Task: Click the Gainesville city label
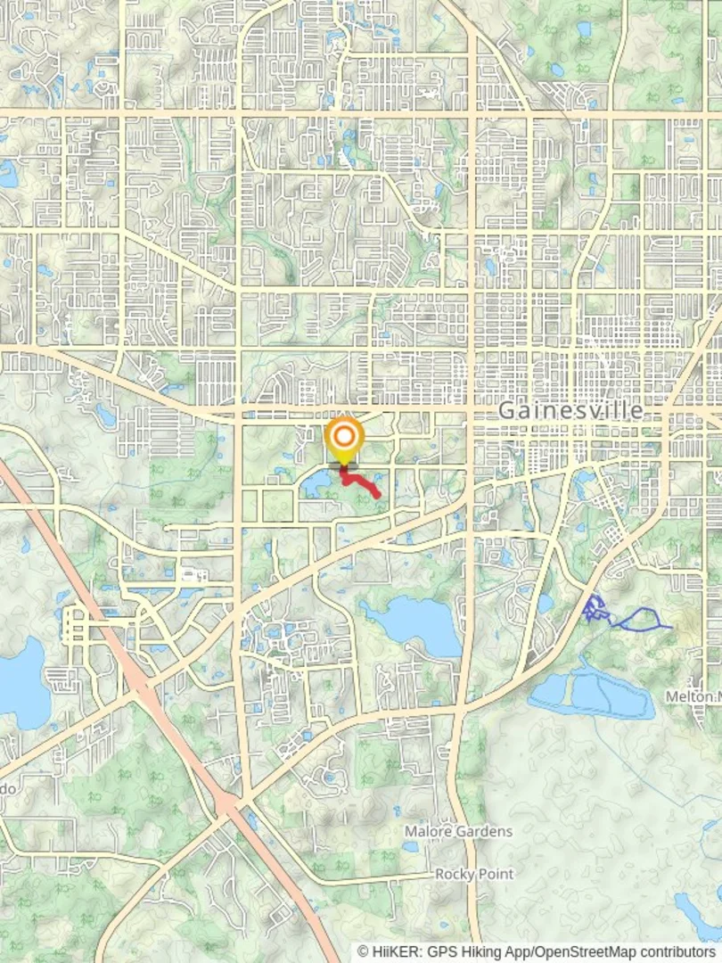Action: tap(570, 410)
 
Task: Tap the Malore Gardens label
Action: tap(458, 831)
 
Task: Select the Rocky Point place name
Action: tap(474, 874)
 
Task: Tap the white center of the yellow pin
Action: tap(344, 437)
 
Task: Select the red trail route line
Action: tap(361, 481)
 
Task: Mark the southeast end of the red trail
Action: tap(379, 495)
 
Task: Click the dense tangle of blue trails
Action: tap(595, 609)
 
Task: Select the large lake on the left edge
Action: tap(20, 682)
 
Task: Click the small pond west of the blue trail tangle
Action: tap(545, 603)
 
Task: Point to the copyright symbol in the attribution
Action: tap(365, 951)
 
